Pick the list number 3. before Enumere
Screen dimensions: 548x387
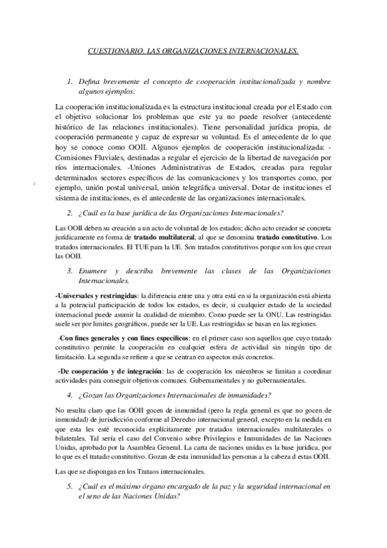click(70, 272)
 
